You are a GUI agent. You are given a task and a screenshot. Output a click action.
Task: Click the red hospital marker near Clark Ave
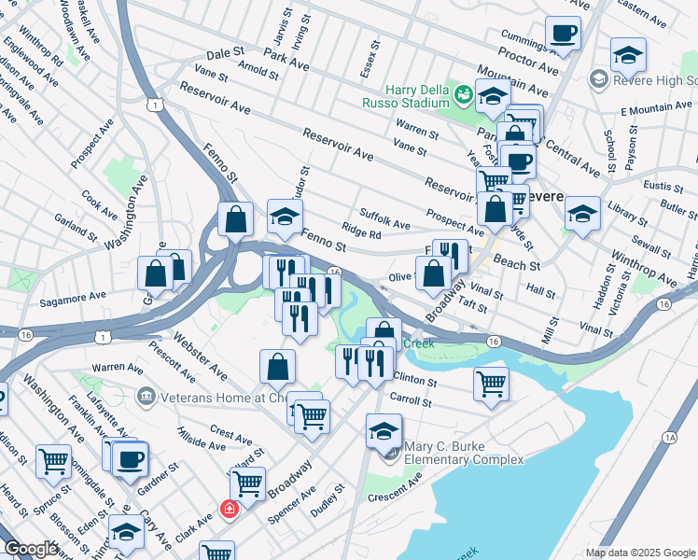228,510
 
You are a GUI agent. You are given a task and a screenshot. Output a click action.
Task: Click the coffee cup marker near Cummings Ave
563,35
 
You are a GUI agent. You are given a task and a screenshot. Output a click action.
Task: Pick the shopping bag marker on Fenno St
237,219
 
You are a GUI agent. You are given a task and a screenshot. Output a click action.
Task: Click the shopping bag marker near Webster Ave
277,366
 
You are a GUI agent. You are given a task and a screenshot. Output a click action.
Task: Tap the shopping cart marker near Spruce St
53,460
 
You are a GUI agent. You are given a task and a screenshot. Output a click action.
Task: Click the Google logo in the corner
30,550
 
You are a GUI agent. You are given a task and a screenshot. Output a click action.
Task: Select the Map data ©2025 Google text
639,553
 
